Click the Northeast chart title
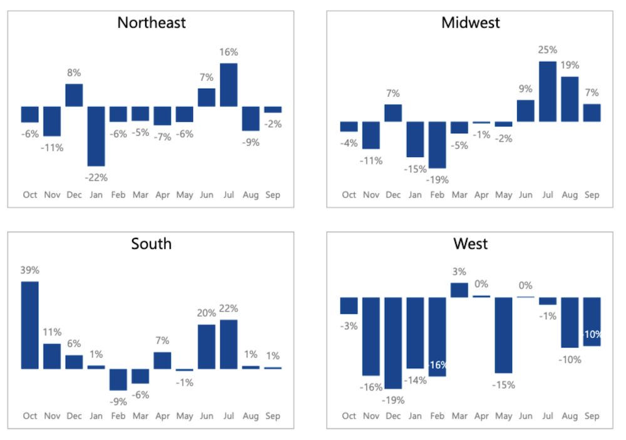coord(151,23)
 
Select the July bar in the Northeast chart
coord(228,84)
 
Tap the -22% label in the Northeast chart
coord(96,177)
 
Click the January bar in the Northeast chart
coord(96,136)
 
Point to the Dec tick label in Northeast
coord(74,195)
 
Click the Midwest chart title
coord(471,23)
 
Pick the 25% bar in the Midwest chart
coord(548,91)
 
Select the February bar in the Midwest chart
coord(437,145)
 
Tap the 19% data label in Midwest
coord(570,65)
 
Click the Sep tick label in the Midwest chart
coord(592,195)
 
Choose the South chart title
coord(151,243)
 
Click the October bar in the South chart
coord(30,325)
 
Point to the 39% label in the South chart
coord(30,270)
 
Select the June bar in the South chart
coord(207,346)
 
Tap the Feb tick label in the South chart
coord(118,416)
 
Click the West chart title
coord(471,243)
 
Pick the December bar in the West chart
coord(393,343)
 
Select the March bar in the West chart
coord(459,290)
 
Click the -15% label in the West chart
coord(503,385)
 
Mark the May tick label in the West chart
coord(503,416)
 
